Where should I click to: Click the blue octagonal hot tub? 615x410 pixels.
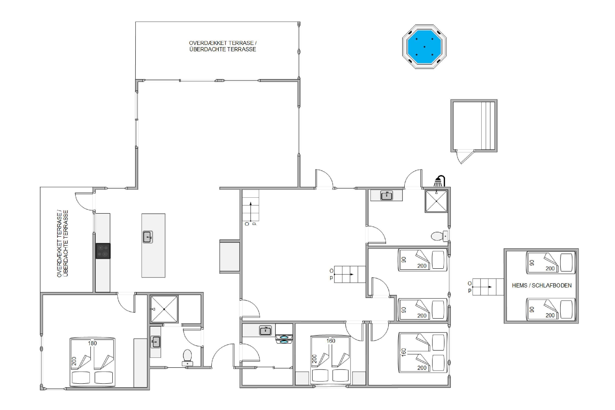(x=424, y=47)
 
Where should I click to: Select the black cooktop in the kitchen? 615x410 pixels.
(x=103, y=251)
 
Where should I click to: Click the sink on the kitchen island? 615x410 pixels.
(x=148, y=237)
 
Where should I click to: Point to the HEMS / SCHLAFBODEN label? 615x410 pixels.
(x=542, y=286)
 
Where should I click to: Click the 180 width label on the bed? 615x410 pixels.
(x=92, y=343)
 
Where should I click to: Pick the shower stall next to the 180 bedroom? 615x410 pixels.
(x=164, y=309)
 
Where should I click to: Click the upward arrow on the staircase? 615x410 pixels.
(x=251, y=212)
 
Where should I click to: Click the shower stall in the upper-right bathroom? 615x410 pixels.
(x=436, y=201)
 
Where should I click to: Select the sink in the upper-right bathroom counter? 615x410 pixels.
(x=386, y=196)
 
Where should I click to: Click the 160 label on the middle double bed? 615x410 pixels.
(x=331, y=341)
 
